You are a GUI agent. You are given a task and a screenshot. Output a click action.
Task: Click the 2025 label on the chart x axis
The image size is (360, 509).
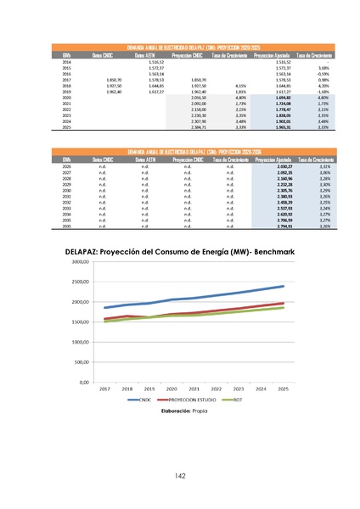click(x=284, y=389)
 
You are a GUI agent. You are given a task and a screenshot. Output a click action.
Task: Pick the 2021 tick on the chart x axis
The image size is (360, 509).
click(x=194, y=389)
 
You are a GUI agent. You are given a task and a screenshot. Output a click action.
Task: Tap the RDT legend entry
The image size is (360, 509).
click(x=237, y=399)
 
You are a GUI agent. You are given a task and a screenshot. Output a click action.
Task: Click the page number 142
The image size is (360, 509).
click(x=179, y=476)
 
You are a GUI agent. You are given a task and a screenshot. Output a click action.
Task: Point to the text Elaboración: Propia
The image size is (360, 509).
click(x=180, y=410)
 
